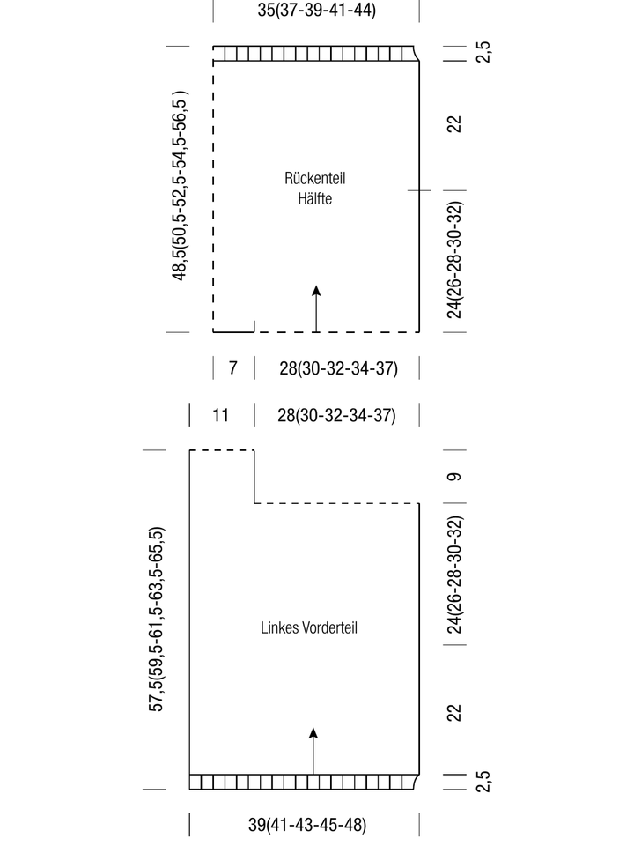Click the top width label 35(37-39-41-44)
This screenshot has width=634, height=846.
point(316,11)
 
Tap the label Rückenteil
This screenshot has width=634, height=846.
point(315,178)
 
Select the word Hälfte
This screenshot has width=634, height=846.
point(315,198)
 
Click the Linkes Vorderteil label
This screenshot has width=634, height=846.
point(309,627)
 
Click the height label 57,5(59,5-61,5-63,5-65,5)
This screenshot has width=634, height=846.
point(156,619)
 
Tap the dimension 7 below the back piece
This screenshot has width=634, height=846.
point(232,367)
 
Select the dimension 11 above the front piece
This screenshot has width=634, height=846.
point(220,415)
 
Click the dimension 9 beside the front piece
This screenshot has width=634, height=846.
point(454,477)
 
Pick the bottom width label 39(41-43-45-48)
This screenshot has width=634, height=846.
point(307,825)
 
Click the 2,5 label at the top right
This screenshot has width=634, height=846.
point(483,52)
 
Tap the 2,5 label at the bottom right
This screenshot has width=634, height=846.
point(483,782)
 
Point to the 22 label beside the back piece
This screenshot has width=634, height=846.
point(454,124)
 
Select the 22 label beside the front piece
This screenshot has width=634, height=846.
point(454,713)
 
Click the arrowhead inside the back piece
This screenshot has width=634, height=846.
point(316,291)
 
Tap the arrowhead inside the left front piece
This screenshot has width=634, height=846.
point(313,733)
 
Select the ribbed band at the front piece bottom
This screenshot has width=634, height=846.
point(304,782)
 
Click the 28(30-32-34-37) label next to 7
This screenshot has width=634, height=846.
point(338,368)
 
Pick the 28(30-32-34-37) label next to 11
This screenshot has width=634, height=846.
point(336,415)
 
